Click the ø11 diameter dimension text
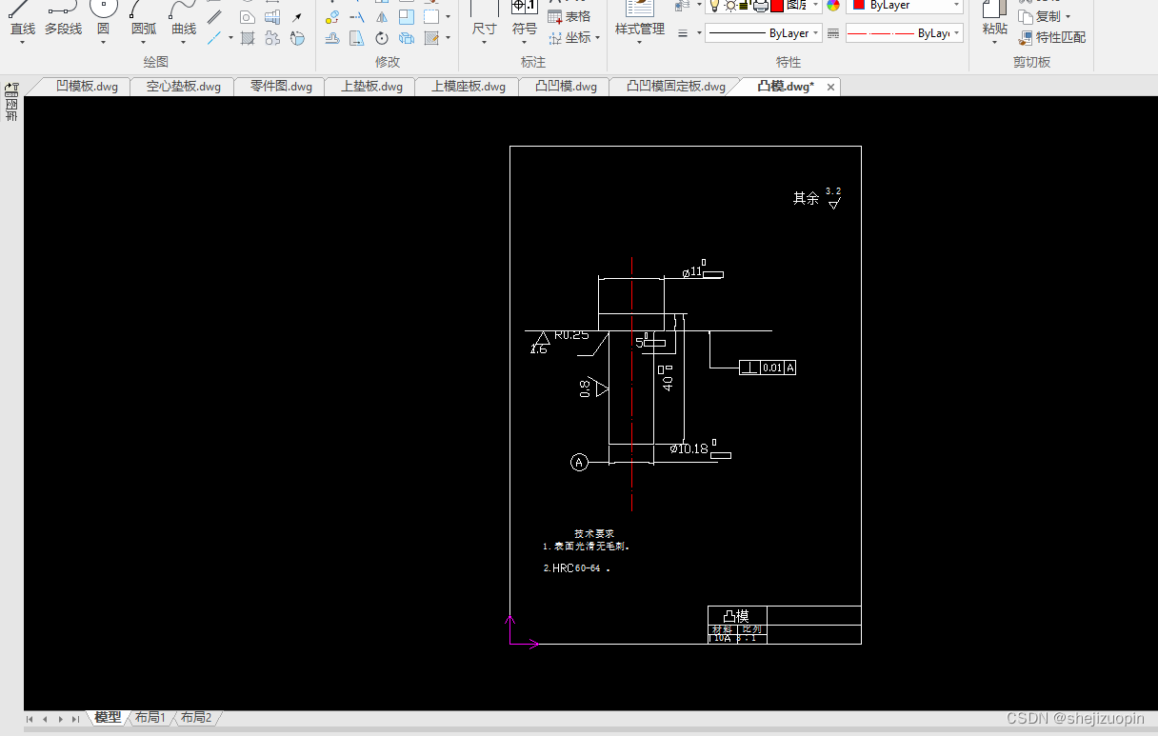(692, 272)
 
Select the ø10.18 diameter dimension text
(689, 448)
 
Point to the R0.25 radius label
(571, 335)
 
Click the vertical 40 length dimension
(669, 383)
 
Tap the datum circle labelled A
(579, 463)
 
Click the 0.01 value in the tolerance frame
(771, 368)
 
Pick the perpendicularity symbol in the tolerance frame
(749, 368)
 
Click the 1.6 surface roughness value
(539, 349)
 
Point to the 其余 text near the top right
(806, 198)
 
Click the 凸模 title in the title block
(736, 616)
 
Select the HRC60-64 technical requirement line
(575, 568)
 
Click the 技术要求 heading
(594, 533)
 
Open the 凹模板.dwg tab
(87, 87)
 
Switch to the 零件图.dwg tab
(281, 87)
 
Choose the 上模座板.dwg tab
(469, 87)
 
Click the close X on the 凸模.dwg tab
(830, 87)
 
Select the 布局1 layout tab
(150, 718)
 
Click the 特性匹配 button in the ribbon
(1060, 37)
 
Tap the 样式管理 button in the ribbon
(640, 29)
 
